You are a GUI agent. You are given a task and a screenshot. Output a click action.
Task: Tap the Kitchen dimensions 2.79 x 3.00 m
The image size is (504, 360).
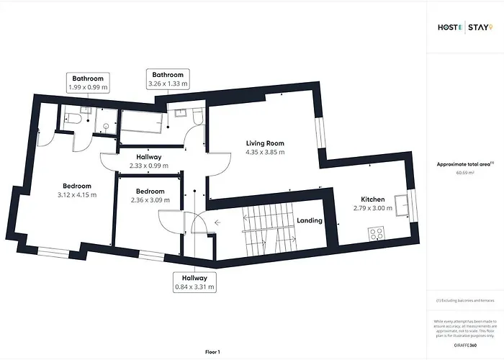[x=373, y=209]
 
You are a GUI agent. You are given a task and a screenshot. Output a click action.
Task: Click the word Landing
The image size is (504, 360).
[x=310, y=220]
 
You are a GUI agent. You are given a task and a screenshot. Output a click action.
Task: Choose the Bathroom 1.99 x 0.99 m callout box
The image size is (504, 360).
[x=87, y=82]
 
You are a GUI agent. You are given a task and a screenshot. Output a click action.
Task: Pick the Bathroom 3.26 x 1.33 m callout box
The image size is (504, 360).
[x=168, y=78]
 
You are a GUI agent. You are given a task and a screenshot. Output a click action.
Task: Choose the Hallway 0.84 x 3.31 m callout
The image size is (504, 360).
[x=191, y=282]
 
